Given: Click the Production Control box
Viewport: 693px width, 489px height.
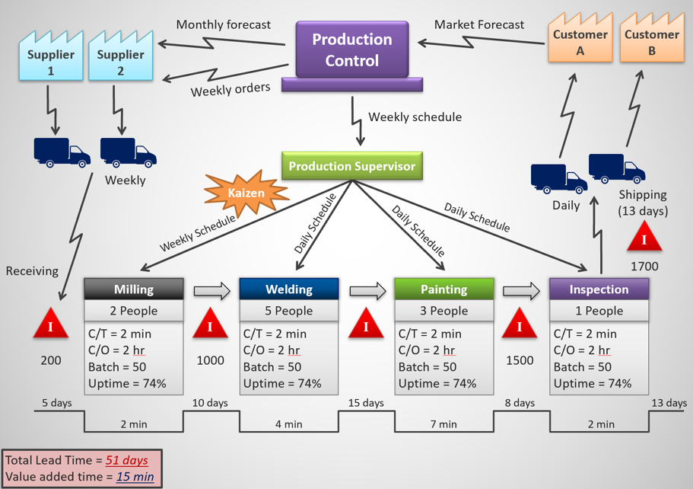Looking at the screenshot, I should coord(352,50).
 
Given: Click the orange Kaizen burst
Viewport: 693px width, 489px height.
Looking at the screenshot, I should coord(246,193).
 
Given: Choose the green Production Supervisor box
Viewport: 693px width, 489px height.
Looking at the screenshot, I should coord(351,166).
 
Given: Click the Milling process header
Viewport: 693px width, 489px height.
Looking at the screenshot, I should coord(133,289).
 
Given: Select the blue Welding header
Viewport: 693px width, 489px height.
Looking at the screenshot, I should coord(288,289).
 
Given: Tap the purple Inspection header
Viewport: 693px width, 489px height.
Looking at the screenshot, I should coord(599,289).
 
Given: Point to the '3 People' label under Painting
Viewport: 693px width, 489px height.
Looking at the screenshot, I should coord(443,311).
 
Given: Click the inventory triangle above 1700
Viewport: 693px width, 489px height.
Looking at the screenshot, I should coord(644,238).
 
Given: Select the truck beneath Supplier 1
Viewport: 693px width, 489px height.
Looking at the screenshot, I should coord(61,152).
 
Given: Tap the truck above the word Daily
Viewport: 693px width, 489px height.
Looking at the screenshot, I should coord(558,179).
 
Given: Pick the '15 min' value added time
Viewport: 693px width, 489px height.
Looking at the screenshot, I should coord(135,477).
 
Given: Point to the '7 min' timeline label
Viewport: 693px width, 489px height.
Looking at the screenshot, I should coord(443,424).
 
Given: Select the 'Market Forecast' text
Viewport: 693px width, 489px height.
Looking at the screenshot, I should coord(478,24).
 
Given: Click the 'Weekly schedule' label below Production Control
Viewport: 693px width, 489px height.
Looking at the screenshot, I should coord(415,117).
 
